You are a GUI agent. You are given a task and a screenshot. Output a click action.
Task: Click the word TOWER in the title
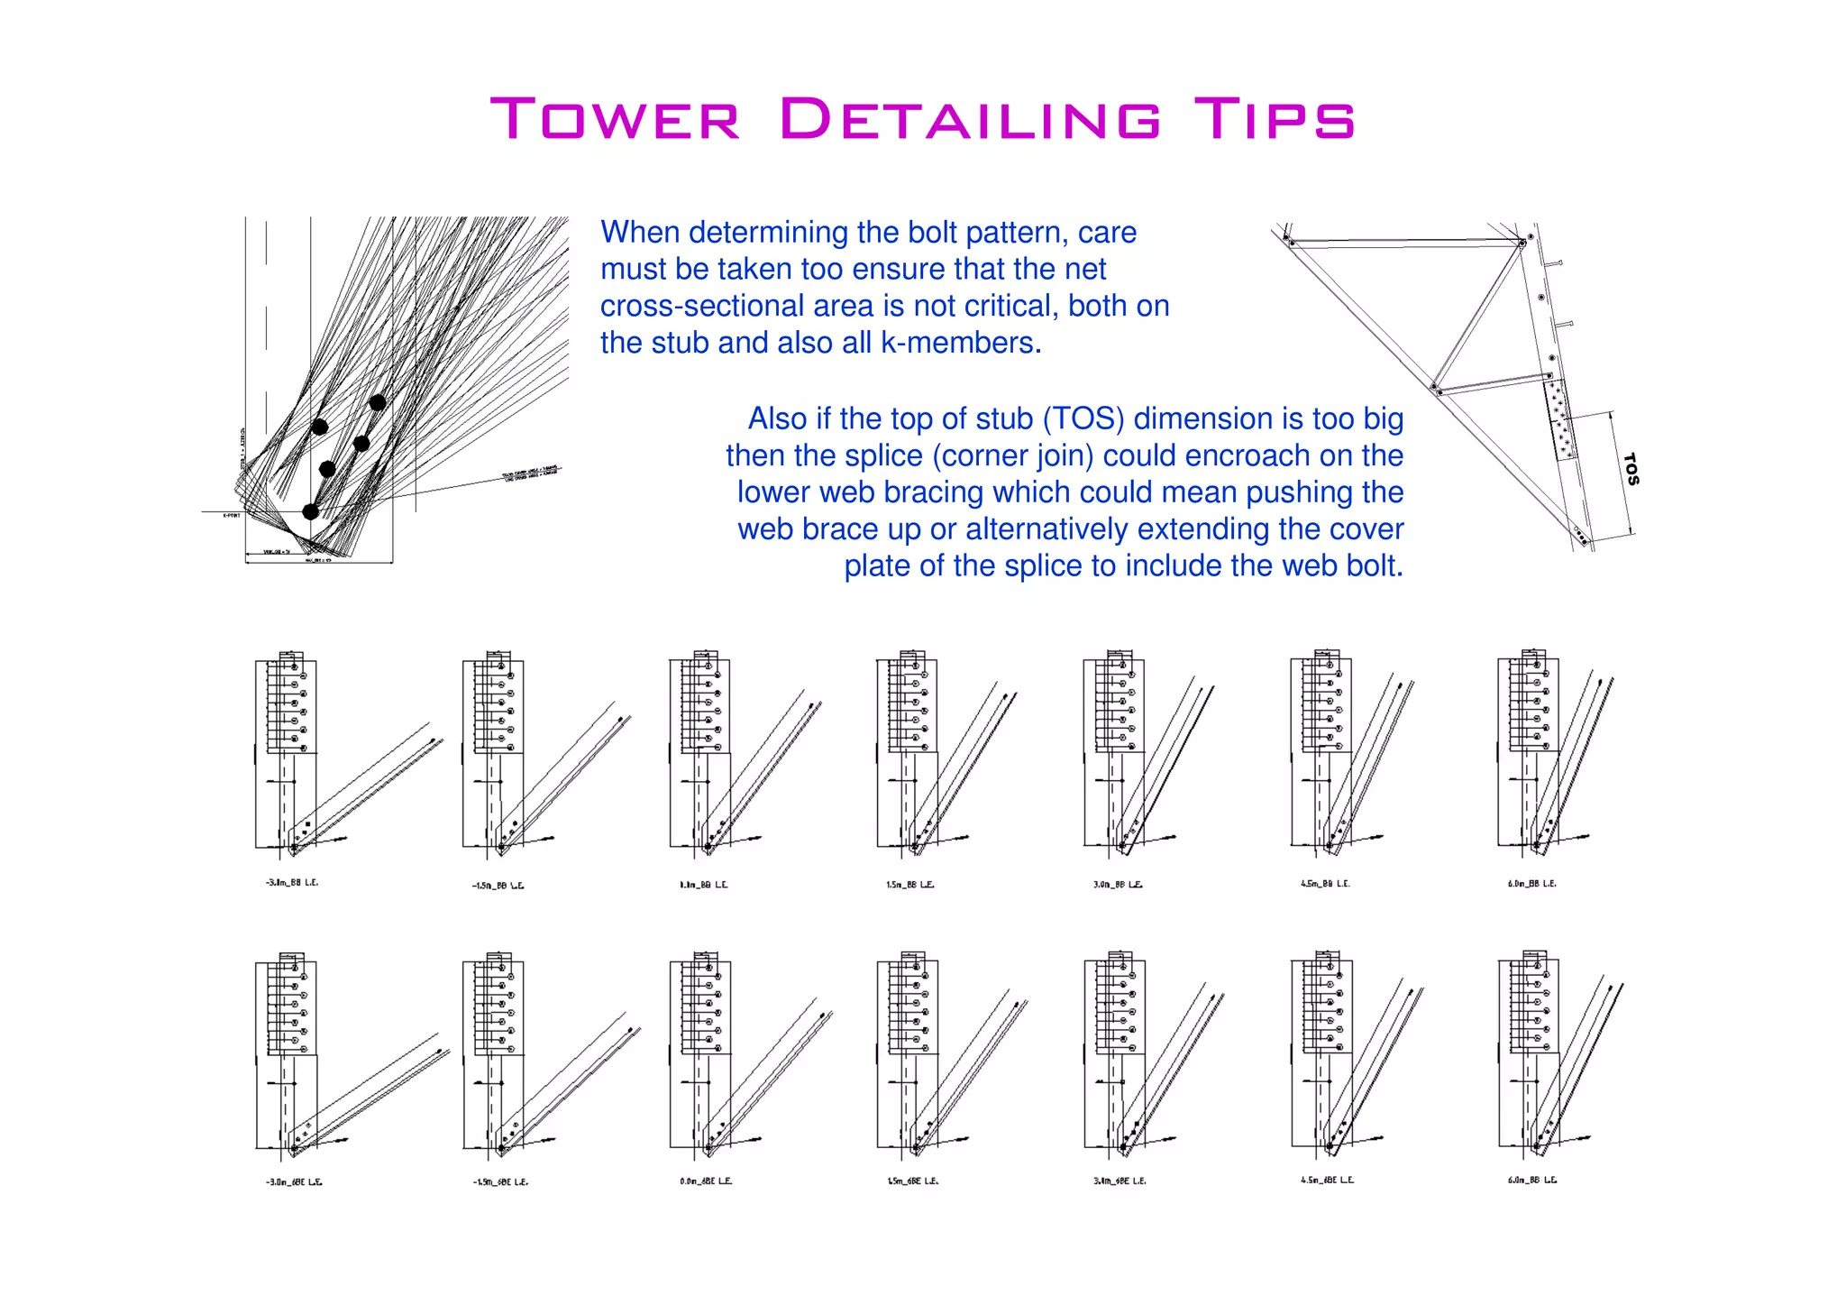tap(617, 120)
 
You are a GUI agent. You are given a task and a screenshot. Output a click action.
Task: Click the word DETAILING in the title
tap(970, 120)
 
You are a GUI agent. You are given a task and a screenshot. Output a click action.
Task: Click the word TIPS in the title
tap(1274, 120)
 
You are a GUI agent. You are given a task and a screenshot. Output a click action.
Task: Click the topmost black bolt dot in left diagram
tap(378, 402)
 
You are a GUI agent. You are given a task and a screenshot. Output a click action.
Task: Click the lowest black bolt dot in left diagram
tap(310, 511)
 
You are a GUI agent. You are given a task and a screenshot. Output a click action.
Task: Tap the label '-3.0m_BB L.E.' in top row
tap(291, 883)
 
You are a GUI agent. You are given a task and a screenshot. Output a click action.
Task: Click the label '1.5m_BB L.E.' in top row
tap(909, 885)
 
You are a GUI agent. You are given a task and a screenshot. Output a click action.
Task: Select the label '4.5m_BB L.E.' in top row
tap(1324, 884)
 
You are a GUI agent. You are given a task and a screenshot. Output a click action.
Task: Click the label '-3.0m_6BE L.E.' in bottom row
tap(293, 1181)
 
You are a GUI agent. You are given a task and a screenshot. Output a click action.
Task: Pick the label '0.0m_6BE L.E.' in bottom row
tap(706, 1181)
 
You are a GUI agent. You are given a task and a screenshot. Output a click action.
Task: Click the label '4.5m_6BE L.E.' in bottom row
tap(1327, 1180)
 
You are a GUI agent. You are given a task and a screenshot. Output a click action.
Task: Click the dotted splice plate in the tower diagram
tap(1560, 420)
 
